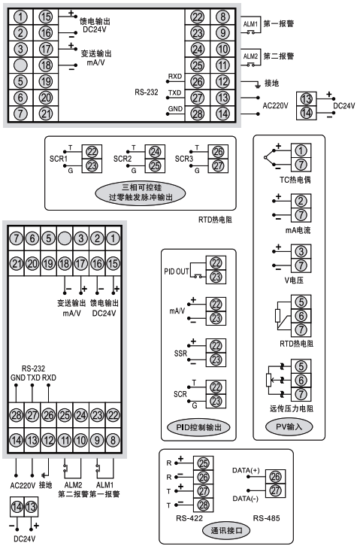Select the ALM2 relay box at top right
tap(251, 56)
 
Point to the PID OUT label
tap(176, 268)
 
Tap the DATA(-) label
tap(247, 499)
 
